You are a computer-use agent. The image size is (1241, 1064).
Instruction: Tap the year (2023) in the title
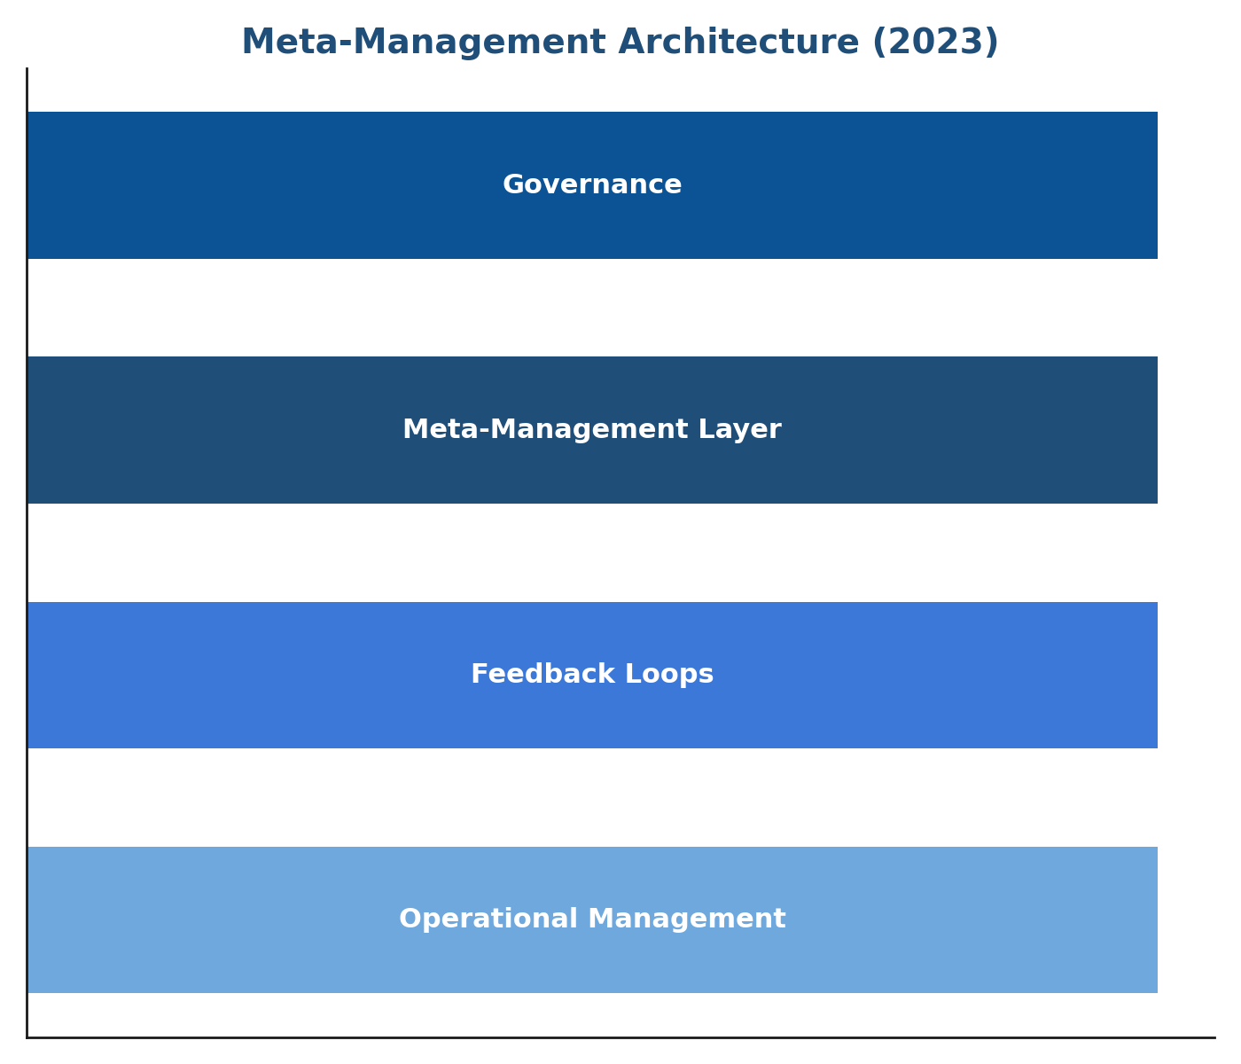tap(935, 43)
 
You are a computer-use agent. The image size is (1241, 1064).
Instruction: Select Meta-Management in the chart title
tap(424, 42)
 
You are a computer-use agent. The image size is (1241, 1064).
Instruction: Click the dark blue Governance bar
tap(593, 185)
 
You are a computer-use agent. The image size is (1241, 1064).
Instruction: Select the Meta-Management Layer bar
tap(593, 430)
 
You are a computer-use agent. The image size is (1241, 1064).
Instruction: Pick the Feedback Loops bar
tap(593, 675)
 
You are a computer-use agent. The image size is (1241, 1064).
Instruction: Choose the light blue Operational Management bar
tap(593, 919)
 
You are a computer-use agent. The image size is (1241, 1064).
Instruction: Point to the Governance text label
tap(592, 184)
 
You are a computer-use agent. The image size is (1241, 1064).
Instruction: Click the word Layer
tap(739, 430)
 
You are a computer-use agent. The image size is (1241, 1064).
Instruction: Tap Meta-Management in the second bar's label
tap(545, 429)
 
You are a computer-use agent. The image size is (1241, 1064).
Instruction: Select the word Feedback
tap(542, 674)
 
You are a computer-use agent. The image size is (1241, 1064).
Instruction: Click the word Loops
tap(669, 675)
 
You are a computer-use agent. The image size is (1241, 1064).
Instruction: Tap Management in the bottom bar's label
tap(687, 919)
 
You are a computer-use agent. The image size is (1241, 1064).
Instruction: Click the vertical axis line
tap(27, 553)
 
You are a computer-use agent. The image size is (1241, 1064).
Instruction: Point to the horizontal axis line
tap(621, 1037)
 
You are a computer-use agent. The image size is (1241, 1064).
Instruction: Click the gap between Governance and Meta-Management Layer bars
tap(593, 308)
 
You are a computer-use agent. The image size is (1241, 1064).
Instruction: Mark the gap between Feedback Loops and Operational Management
tap(593, 798)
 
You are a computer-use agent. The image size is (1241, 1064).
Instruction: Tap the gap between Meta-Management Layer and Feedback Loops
tap(593, 553)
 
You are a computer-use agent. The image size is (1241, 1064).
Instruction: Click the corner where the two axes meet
tap(27, 1037)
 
